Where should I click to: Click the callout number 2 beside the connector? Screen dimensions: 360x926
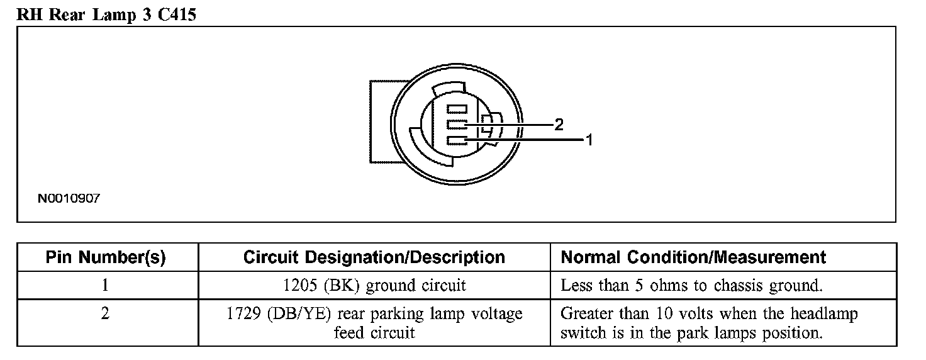coord(559,125)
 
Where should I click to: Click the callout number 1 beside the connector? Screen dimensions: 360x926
coord(589,140)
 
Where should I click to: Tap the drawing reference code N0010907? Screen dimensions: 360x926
coord(69,198)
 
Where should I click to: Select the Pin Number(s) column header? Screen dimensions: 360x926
coord(106,257)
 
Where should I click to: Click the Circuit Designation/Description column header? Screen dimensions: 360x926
coord(374,257)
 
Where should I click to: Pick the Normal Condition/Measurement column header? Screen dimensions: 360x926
coord(693,257)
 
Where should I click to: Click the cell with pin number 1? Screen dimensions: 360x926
coord(106,285)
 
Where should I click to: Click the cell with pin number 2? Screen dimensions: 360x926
coord(106,313)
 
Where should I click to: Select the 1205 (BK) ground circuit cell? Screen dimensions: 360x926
coord(374,285)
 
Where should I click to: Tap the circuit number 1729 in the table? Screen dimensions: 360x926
coord(243,313)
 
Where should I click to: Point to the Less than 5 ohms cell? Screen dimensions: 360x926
coord(691,285)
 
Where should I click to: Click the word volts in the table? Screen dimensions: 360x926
coord(685,313)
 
